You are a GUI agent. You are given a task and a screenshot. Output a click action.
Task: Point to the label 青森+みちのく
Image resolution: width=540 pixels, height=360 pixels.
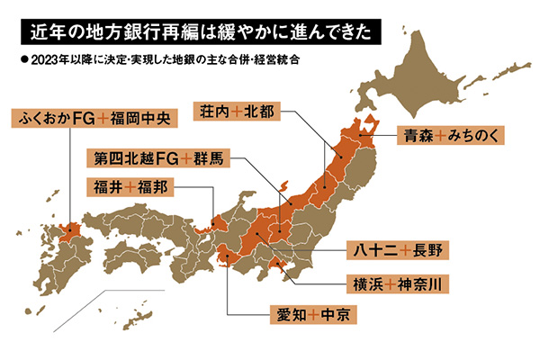(451, 136)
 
